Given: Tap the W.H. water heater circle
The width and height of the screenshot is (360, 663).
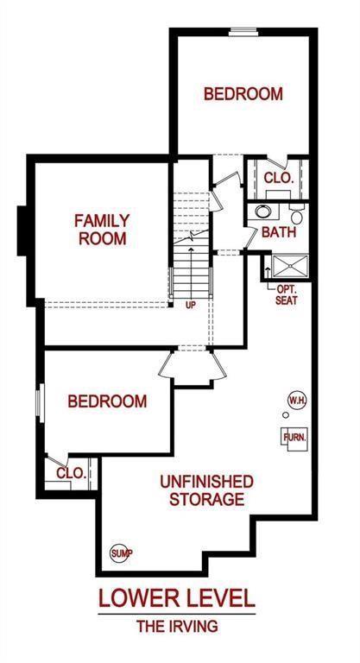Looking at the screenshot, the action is [x=297, y=400].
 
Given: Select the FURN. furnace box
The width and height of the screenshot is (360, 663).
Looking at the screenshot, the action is [x=294, y=439].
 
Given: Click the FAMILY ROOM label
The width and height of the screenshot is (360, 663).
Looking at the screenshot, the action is [x=103, y=230].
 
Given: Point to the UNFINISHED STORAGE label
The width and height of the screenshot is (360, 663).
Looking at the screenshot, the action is [x=207, y=490].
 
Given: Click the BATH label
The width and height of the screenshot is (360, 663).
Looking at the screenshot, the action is [x=279, y=231].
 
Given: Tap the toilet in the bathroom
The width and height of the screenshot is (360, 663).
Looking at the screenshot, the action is [x=297, y=215].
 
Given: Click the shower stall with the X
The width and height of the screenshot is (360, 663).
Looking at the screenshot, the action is [x=290, y=266].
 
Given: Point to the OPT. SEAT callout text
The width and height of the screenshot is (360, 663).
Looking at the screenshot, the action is [x=287, y=295].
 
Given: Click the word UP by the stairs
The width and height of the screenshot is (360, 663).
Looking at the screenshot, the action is [x=191, y=305].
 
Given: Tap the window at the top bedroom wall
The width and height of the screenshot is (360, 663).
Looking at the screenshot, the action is [x=243, y=32].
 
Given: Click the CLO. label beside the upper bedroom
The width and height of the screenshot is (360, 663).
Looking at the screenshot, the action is [x=279, y=178].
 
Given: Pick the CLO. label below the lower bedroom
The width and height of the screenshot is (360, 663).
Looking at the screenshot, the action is [x=72, y=473].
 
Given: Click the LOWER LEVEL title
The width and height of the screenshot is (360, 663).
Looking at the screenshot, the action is [x=177, y=598].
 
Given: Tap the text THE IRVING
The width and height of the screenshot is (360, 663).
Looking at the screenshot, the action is [x=177, y=626].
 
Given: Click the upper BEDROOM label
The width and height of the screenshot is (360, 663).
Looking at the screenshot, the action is [x=243, y=93].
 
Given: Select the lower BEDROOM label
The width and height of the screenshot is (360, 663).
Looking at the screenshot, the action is [x=107, y=401].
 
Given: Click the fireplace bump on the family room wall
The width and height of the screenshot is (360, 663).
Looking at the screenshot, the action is [x=22, y=230].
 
